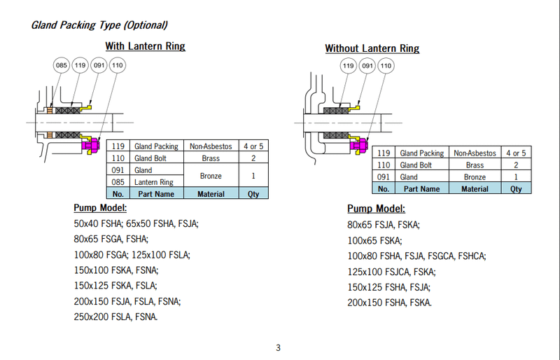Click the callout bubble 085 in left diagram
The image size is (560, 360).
(62, 67)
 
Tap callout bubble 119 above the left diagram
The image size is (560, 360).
(80, 67)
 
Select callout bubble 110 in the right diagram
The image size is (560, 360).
(386, 67)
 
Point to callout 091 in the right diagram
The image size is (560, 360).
(367, 67)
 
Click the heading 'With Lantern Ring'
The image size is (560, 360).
(145, 46)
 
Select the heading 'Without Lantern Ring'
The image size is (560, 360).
(372, 48)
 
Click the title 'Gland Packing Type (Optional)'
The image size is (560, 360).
(99, 25)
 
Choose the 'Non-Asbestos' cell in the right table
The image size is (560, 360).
(475, 153)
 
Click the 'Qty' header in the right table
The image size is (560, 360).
(515, 188)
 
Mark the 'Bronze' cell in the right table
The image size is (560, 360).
(475, 177)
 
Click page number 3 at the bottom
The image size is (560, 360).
(278, 348)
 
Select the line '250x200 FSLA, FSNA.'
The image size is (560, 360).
(115, 317)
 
